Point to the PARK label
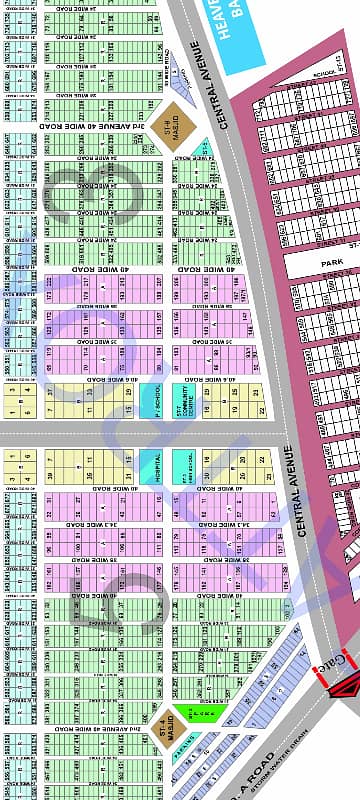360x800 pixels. [x=332, y=261]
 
